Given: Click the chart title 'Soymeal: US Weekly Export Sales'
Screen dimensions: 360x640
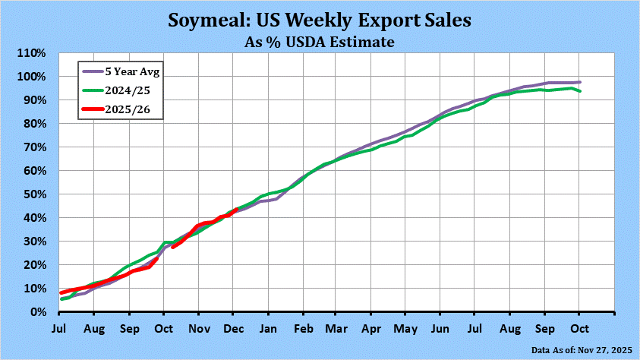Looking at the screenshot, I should pyautogui.click(x=320, y=20).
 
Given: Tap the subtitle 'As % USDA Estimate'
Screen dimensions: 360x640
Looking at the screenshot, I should pyautogui.click(x=320, y=41).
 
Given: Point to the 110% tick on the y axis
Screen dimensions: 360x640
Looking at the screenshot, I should pyautogui.click(x=31, y=53).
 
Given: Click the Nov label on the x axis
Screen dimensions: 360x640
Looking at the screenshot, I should pyautogui.click(x=199, y=330).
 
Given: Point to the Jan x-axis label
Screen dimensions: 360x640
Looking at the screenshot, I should pyautogui.click(x=269, y=330).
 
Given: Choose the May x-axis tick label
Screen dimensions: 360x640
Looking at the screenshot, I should pyautogui.click(x=406, y=330).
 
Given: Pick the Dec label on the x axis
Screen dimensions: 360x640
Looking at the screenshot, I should pyautogui.click(x=234, y=330).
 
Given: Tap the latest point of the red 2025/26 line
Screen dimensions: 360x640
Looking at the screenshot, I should pyautogui.click(x=237, y=210).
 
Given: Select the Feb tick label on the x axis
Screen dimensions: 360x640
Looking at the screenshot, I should pyautogui.click(x=303, y=330).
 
